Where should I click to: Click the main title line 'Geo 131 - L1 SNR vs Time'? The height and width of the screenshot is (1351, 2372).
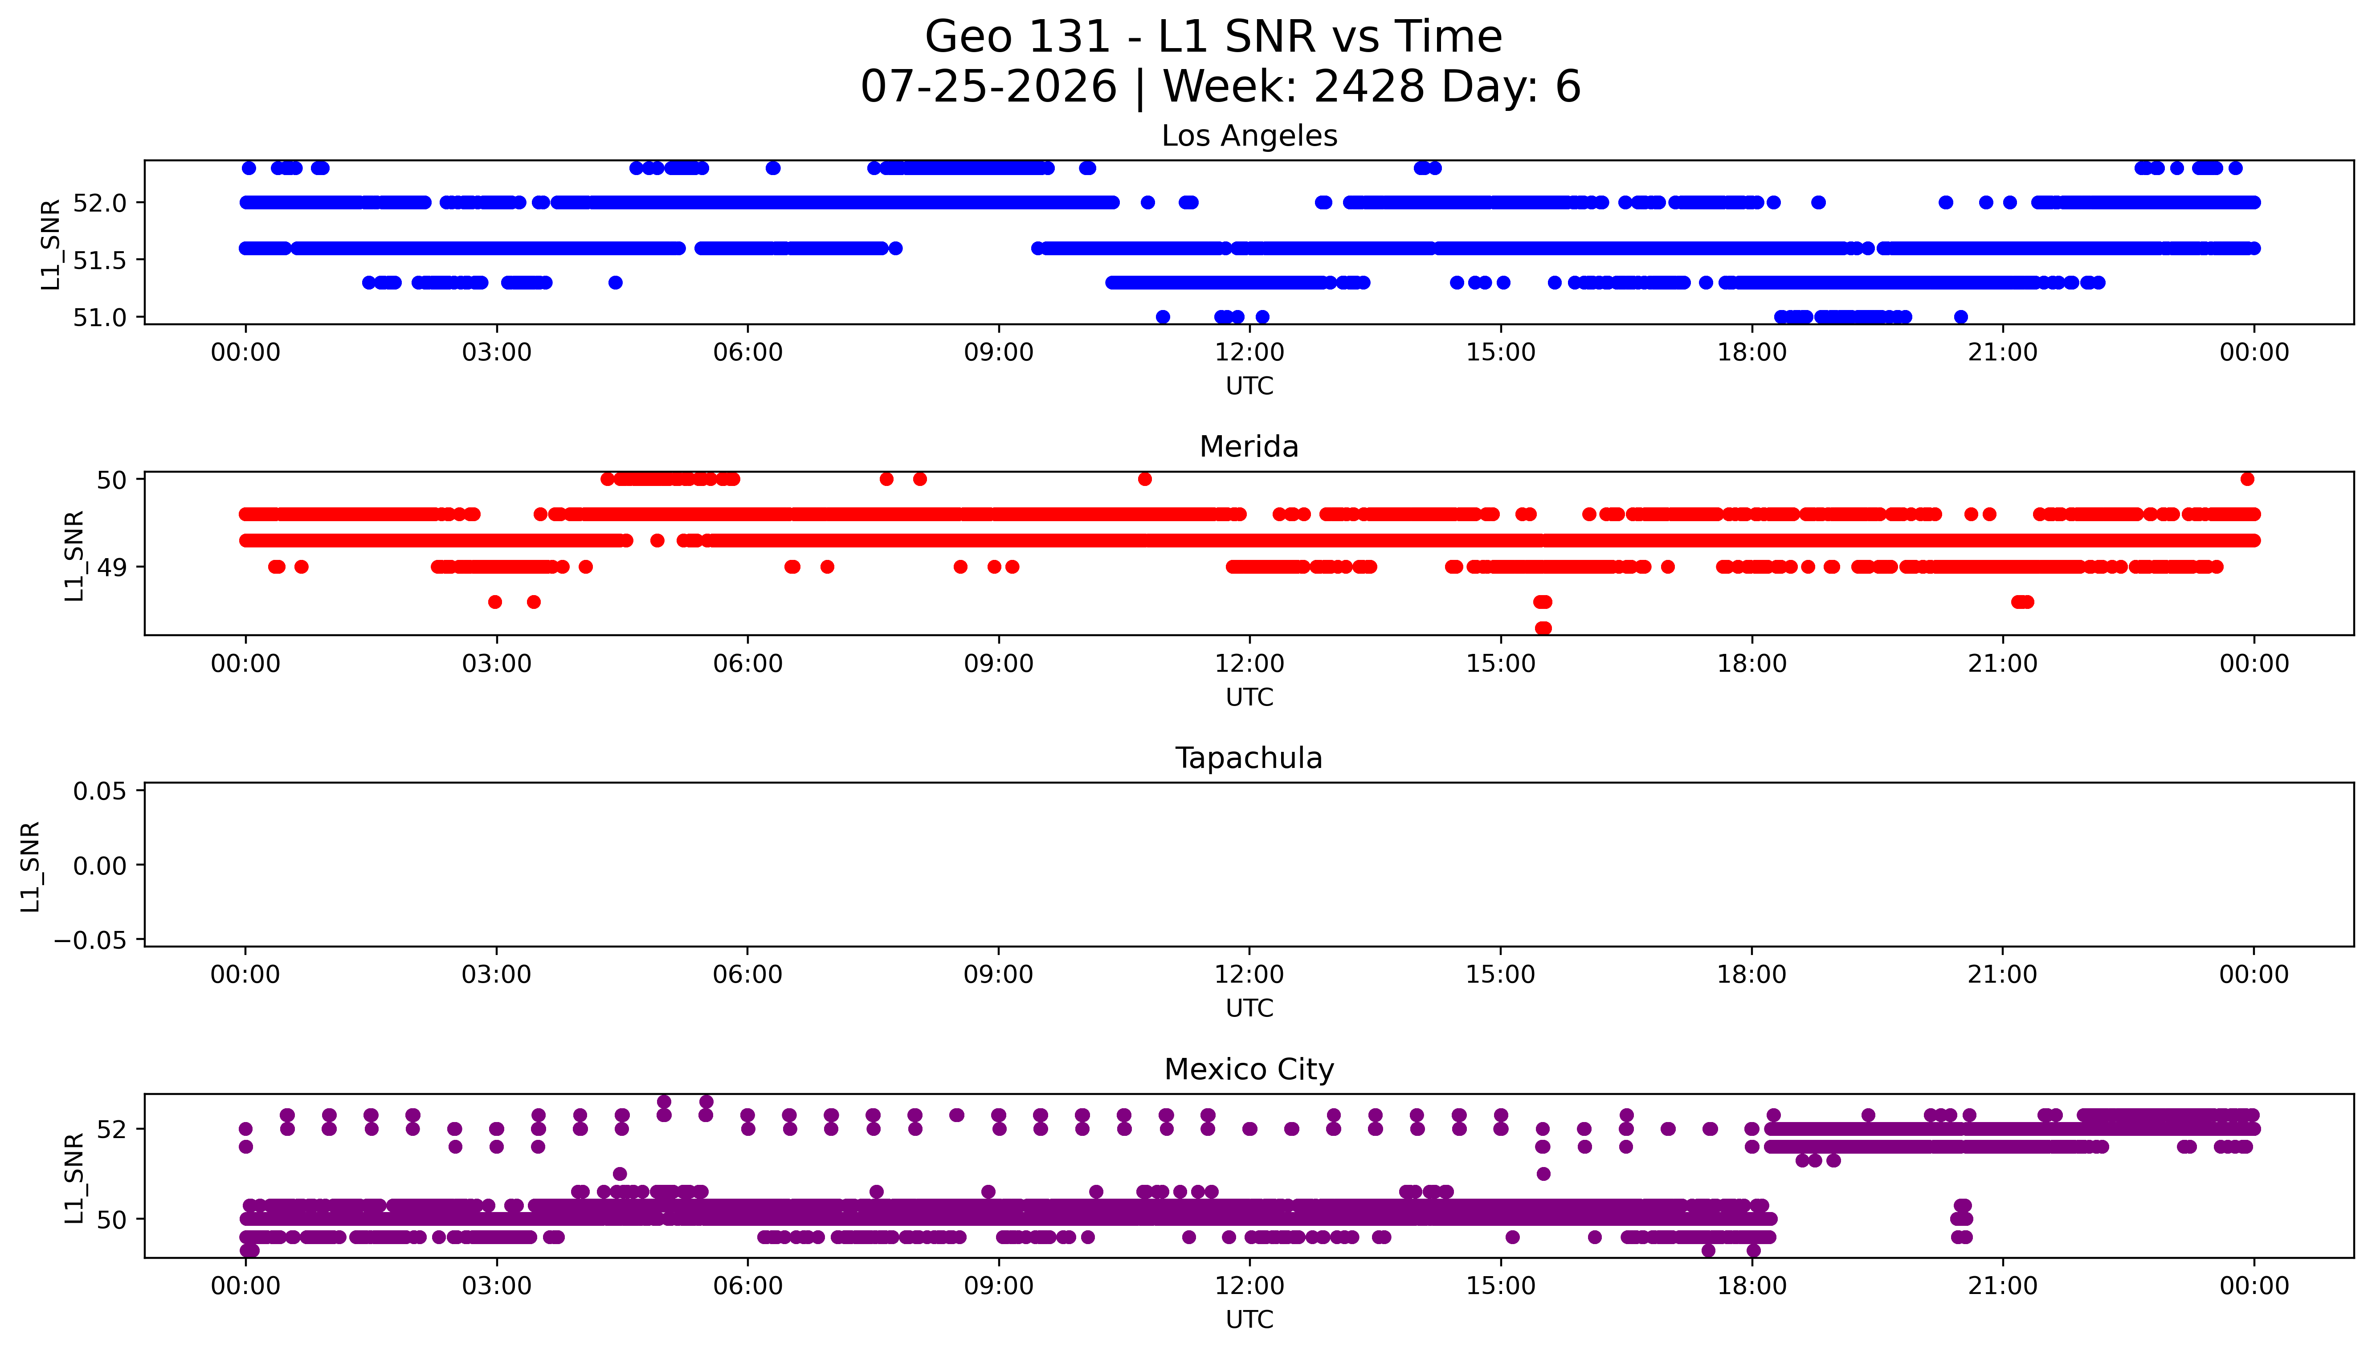pos(1213,37)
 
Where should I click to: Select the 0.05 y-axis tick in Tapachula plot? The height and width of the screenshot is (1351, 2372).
pos(99,792)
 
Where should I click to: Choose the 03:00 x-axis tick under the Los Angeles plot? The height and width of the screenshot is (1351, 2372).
pos(496,353)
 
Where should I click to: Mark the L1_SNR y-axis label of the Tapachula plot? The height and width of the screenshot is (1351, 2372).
pos(31,866)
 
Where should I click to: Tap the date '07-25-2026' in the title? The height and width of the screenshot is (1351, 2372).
pos(989,86)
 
